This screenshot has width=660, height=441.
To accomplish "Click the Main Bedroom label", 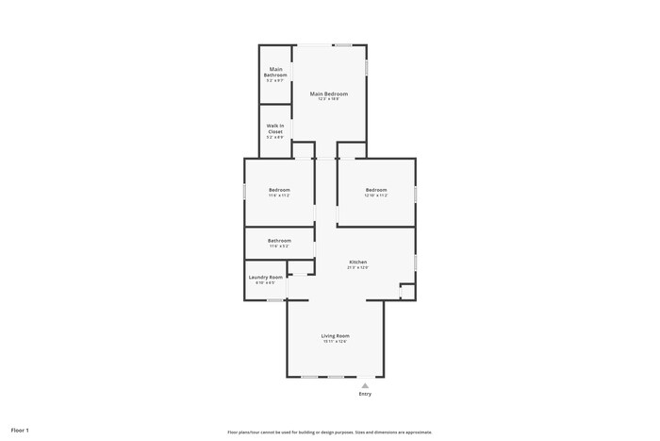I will tap(329, 93).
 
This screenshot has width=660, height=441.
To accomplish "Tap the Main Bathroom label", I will tap(275, 72).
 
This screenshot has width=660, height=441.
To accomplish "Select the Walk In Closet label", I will tap(275, 128).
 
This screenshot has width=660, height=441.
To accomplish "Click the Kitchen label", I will tap(357, 262).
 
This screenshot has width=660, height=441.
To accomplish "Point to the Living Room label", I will tap(336, 336).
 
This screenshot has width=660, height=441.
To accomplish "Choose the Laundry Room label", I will tap(265, 277).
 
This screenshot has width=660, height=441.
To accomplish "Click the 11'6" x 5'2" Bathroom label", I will tap(279, 240).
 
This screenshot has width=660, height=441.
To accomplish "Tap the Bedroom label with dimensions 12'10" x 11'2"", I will tap(376, 190).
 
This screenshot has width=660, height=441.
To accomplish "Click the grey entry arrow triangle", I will tap(365, 385).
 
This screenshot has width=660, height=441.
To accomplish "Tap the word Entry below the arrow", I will tap(365, 394).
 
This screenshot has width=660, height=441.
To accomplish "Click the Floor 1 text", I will tap(21, 430).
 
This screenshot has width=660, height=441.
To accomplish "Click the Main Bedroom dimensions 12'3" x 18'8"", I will tap(329, 99).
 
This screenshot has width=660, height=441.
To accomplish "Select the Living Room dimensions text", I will tap(336, 342).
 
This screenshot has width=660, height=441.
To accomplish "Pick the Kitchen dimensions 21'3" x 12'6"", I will tap(357, 267).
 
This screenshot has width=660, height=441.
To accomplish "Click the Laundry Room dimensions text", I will tap(265, 282).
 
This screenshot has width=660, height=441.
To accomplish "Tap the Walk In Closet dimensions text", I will tap(275, 138).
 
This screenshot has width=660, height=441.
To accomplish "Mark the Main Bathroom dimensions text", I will tap(275, 80).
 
